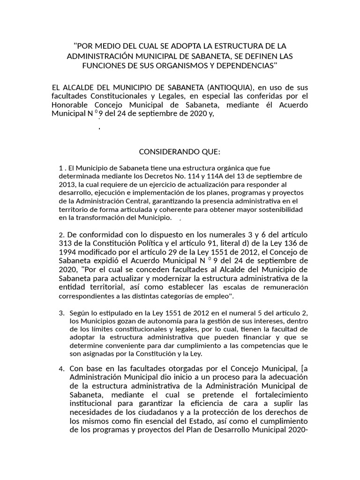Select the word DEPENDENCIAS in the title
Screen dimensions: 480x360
(x=248, y=65)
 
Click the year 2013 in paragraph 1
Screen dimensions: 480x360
(x=67, y=184)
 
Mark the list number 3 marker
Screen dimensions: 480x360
(x=61, y=312)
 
